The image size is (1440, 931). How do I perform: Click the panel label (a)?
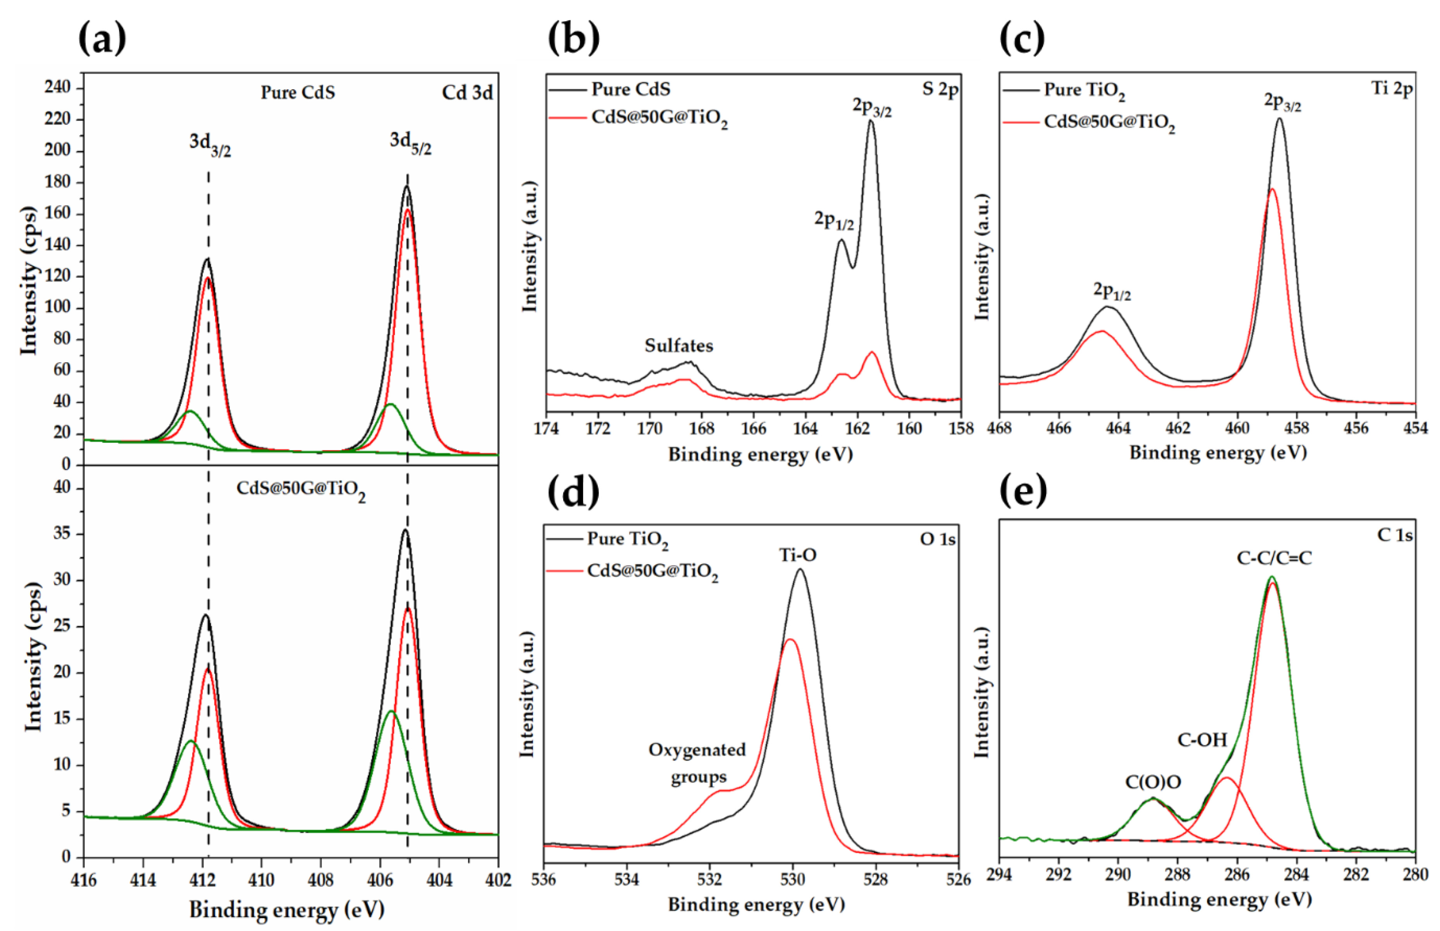point(103,39)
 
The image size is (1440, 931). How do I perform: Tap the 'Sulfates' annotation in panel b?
point(679,346)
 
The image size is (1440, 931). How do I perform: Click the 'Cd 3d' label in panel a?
point(467,93)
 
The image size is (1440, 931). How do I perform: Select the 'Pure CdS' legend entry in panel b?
point(630,90)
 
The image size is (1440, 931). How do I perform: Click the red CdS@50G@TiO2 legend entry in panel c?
point(1109,123)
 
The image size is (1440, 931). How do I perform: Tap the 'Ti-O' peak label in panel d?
point(798,555)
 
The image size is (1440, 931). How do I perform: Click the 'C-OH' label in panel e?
point(1202,739)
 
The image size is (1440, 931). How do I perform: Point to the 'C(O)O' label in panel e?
point(1153,782)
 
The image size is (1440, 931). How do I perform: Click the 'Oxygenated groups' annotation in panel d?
point(697,763)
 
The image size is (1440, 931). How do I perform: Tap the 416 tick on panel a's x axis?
point(84,880)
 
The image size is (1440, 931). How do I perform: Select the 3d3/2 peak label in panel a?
point(210,144)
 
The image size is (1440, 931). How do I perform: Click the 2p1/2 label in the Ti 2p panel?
point(1112,291)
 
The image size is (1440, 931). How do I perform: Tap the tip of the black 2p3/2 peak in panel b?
point(871,121)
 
